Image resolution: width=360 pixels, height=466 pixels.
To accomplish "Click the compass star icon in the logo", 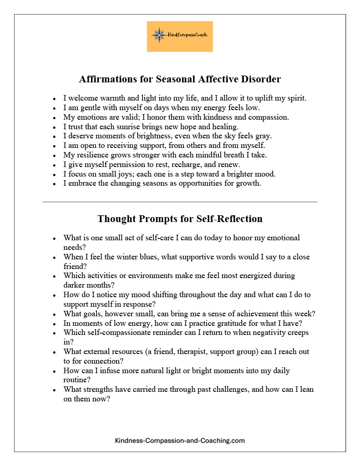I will (x=159, y=35).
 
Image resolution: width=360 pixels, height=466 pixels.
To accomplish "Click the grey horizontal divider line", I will (x=180, y=202).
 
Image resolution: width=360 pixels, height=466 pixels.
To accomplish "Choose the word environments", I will (x=145, y=276).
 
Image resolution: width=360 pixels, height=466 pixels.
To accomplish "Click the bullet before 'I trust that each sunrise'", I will (x=54, y=127).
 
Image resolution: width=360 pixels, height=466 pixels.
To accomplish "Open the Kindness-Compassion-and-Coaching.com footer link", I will (x=180, y=441).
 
